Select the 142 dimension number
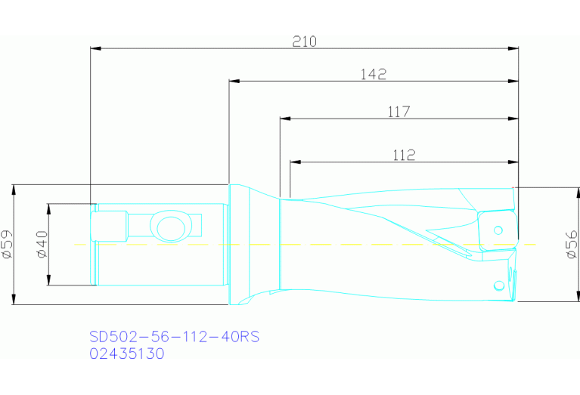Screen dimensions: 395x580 click(374, 74)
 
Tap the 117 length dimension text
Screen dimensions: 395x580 click(399, 112)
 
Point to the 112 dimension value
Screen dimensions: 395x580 click(405, 155)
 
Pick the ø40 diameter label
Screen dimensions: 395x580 click(42, 244)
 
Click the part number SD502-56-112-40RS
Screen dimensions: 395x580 click(174, 337)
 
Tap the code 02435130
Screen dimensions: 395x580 click(126, 353)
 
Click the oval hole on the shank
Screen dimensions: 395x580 click(169, 225)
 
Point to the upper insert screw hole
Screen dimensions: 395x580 click(499, 229)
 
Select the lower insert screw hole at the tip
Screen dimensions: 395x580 click(499, 285)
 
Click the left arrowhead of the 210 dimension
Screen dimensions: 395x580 click(95, 49)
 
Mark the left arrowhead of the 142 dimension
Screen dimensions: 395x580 click(234, 81)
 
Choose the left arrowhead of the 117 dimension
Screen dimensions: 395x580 click(284, 119)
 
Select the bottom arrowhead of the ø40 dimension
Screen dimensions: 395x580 click(48, 282)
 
